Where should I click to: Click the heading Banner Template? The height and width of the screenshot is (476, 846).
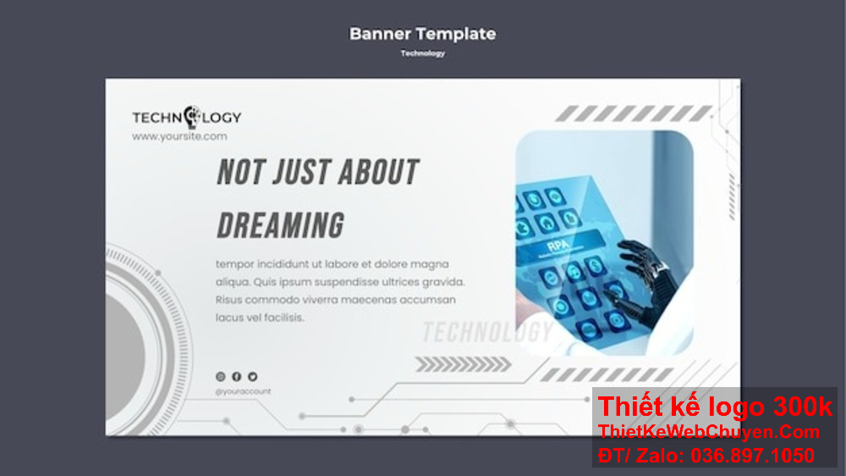[x=422, y=35]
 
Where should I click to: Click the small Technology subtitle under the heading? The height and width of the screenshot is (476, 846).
[x=422, y=53]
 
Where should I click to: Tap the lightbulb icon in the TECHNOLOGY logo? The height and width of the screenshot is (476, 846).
[x=191, y=116]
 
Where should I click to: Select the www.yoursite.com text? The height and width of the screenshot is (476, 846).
[x=179, y=136]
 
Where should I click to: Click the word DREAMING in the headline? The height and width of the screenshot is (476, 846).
[x=281, y=225]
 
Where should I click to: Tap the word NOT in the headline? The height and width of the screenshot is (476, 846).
[x=239, y=172]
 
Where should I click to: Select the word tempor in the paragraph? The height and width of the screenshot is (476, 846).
[x=234, y=264]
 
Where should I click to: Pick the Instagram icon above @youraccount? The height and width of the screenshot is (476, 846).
[x=221, y=376]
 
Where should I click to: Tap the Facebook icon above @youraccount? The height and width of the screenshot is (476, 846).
[x=237, y=376]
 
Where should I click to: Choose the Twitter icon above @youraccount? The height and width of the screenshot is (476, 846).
[x=252, y=376]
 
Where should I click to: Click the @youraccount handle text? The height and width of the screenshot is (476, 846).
[x=244, y=391]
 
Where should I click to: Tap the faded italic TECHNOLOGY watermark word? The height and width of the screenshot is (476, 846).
[x=486, y=332]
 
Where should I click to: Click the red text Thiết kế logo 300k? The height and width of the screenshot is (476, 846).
[x=715, y=407]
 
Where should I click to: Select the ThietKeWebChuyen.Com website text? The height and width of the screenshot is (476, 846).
[x=709, y=432]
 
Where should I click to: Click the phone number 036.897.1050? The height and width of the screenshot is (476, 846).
[x=752, y=455]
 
